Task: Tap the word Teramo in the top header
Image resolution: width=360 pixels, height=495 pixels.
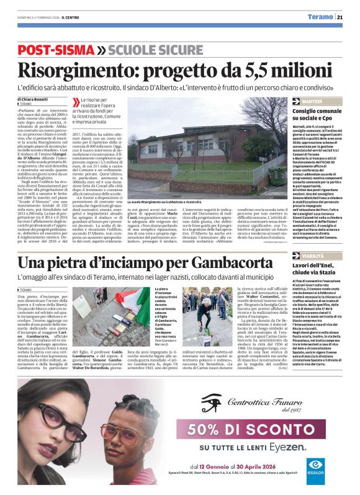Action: [x=320, y=17]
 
